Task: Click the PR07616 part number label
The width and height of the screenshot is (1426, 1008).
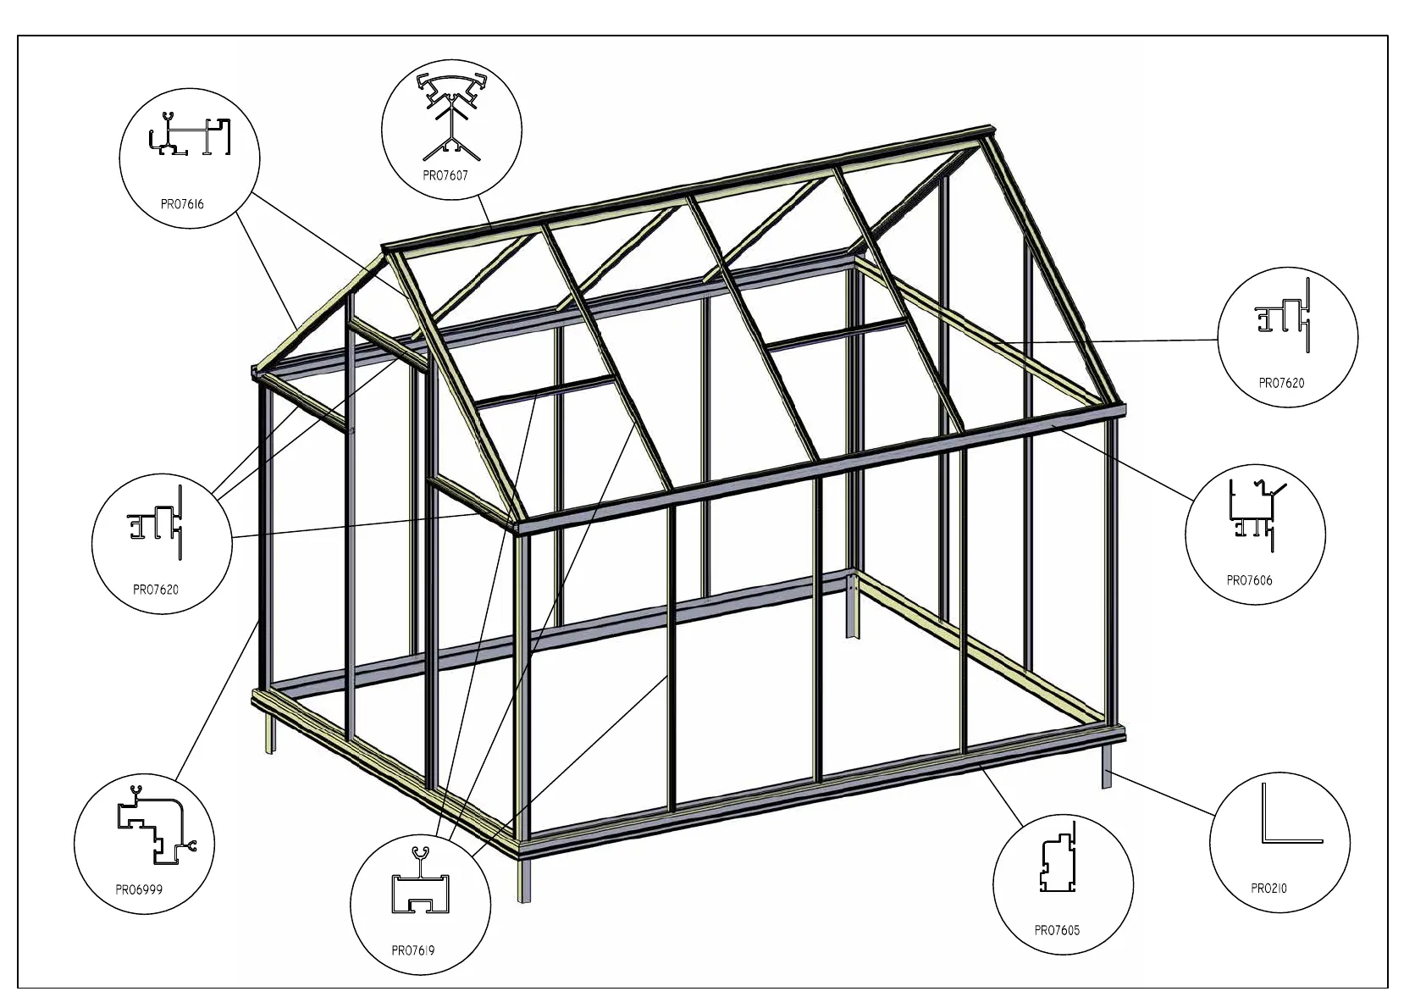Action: pos(182,204)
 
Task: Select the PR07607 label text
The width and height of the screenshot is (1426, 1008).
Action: pos(445,175)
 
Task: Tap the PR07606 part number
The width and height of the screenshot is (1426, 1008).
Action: pos(1249,580)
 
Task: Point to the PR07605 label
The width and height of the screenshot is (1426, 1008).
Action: pos(1057,930)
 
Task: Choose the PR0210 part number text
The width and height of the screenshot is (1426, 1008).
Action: pos(1268,889)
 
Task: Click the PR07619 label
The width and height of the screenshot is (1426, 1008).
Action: pos(413,950)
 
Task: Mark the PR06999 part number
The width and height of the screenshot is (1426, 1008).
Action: pos(139,889)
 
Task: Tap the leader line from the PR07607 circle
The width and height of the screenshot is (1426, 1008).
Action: pos(486,212)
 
